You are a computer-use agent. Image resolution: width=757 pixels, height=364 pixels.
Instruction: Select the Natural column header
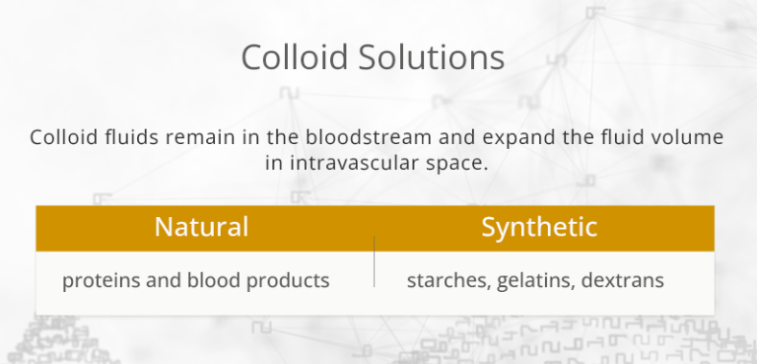tap(201, 227)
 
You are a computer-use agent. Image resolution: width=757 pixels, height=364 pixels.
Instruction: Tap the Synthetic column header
tap(539, 227)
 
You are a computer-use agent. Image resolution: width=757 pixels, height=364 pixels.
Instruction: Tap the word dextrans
tap(623, 281)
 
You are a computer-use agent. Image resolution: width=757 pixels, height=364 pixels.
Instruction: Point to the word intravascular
tap(353, 163)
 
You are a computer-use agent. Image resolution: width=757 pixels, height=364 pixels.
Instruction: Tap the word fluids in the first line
tap(123, 137)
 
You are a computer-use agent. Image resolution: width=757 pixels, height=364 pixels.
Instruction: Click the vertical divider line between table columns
tap(375, 262)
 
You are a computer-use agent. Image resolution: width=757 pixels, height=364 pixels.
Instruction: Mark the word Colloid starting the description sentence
tap(62, 137)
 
